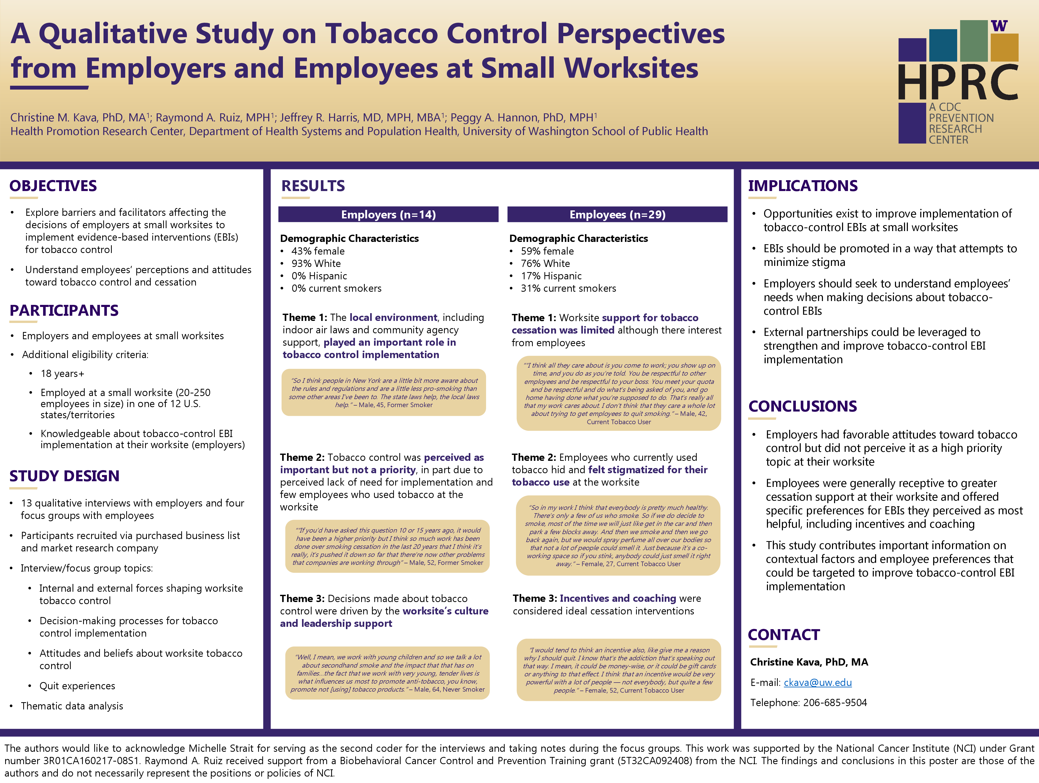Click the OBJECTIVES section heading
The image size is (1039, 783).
(x=53, y=186)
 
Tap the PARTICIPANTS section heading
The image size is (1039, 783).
(x=64, y=311)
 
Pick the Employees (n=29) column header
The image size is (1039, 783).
(x=617, y=215)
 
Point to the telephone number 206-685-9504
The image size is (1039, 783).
(x=835, y=703)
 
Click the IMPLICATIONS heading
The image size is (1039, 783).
(x=803, y=186)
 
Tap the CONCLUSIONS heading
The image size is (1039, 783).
(x=802, y=406)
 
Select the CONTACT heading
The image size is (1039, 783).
(x=783, y=635)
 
